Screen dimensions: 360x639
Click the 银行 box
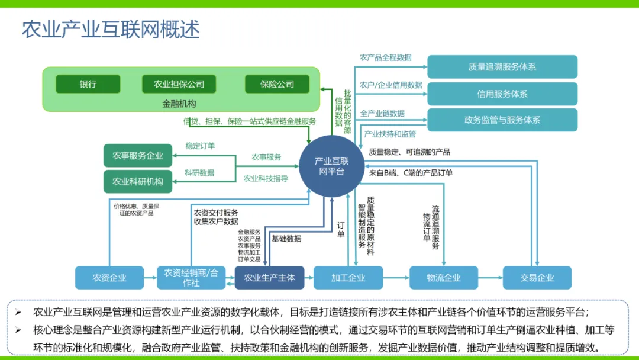pos(88,84)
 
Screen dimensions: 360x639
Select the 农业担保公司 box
pos(179,84)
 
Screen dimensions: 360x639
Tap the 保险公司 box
pos(277,84)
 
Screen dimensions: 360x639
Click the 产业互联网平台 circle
pos(331,166)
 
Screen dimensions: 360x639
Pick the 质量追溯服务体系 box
pos(502,67)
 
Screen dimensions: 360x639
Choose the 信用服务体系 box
pos(502,94)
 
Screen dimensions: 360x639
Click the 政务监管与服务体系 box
pos(502,120)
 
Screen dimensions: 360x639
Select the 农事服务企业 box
pos(138,156)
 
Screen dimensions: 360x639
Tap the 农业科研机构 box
pos(138,181)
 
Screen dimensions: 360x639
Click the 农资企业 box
pos(109,278)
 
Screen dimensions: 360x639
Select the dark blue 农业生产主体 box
pos(269,278)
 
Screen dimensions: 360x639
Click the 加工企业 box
pos(348,278)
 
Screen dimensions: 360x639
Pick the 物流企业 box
pos(444,278)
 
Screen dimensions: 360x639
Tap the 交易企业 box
pos(537,278)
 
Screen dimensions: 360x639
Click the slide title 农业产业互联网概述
pos(111,29)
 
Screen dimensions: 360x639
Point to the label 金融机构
pos(179,104)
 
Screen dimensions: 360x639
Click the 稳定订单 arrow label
pos(200,146)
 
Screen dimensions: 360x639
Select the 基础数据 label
pos(286,239)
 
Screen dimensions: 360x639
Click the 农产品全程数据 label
pos(385,57)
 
